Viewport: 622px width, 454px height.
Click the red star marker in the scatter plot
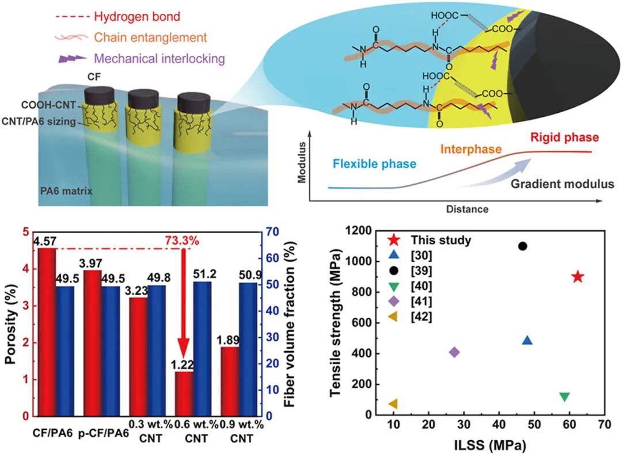pyautogui.click(x=578, y=277)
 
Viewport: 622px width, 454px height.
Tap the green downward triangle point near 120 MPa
pyautogui.click(x=564, y=397)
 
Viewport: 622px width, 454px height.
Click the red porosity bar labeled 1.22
pyautogui.click(x=184, y=393)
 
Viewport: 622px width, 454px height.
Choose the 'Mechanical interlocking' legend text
pyautogui.click(x=159, y=58)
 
